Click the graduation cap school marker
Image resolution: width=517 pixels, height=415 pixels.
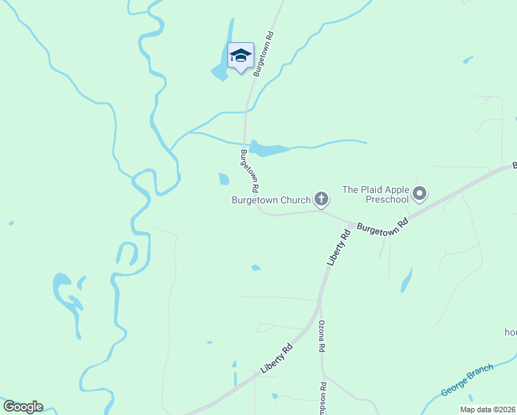(x=241, y=56)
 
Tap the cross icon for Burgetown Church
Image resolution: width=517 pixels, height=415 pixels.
(x=321, y=200)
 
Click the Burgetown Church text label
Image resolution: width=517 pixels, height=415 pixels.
(x=270, y=201)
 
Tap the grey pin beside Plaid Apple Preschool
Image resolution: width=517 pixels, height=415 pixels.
(x=420, y=194)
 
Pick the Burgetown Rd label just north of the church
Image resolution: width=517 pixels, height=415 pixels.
(x=250, y=171)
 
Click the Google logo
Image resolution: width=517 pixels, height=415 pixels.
(x=23, y=407)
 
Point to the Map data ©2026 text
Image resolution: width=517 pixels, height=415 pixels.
(x=487, y=409)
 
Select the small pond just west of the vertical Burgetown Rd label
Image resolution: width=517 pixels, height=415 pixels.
(x=223, y=179)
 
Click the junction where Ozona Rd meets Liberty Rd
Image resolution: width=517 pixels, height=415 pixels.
(x=319, y=304)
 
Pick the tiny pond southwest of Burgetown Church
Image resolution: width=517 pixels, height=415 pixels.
(x=256, y=268)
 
